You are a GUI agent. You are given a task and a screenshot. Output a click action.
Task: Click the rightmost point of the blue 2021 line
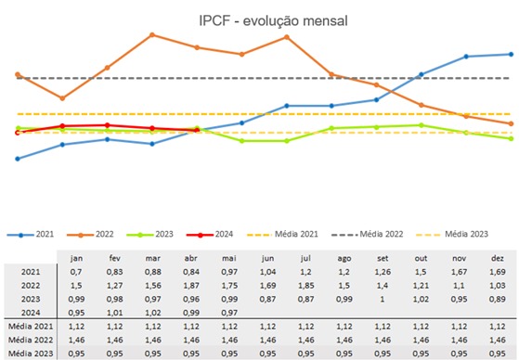(511, 54)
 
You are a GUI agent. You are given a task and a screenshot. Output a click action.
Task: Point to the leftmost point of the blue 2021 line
(18, 159)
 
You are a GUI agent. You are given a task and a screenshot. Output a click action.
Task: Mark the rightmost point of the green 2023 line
(511, 138)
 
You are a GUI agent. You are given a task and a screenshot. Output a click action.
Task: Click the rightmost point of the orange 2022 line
(511, 123)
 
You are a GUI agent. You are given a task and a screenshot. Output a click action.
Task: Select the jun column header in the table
(268, 258)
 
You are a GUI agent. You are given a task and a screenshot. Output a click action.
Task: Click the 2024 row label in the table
(29, 314)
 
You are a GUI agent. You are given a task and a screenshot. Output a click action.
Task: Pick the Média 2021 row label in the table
(29, 328)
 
